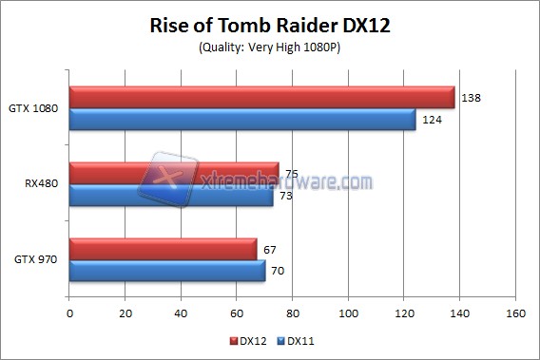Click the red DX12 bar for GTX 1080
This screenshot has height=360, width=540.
coord(261,97)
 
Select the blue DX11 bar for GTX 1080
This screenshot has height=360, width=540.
coord(242,120)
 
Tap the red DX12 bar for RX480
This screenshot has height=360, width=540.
coord(174,174)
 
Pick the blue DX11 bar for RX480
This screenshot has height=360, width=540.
coord(171,197)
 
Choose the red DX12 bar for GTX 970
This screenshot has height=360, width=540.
coord(163,249)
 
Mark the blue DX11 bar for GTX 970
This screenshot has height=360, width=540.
coord(166,272)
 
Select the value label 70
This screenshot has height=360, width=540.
coord(277,272)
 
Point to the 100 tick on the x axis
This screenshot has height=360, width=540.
coord(349,312)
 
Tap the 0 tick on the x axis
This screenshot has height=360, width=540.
coord(69,312)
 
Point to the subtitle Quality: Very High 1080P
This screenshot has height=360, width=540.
coord(270,47)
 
